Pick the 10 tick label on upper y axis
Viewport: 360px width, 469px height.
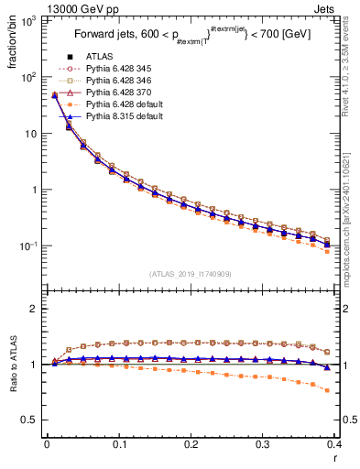pyautogui.click(x=32, y=134)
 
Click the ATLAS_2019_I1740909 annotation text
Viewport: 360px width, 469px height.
pyautogui.click(x=190, y=274)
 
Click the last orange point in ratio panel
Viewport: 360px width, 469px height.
pyautogui.click(x=327, y=390)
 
